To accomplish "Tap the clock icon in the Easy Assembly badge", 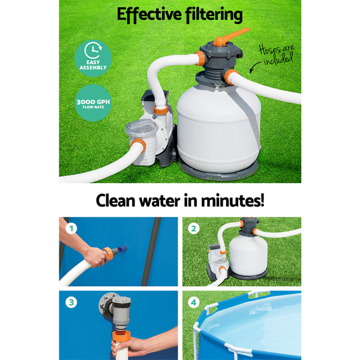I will pyautogui.click(x=93, y=50).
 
